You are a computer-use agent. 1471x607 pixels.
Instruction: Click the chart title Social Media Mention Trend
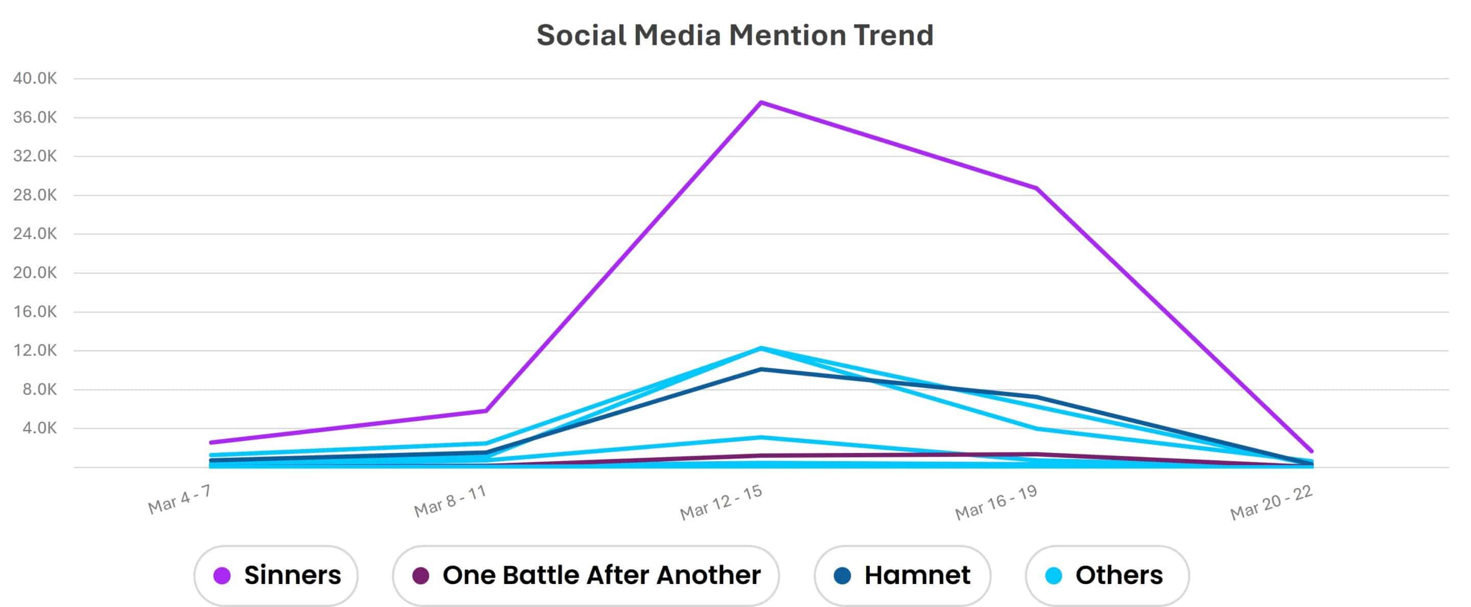click(x=735, y=35)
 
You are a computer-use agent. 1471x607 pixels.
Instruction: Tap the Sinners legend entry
click(x=276, y=575)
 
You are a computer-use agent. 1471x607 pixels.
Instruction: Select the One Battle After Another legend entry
click(x=586, y=575)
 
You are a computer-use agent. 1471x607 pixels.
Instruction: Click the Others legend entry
click(x=1107, y=575)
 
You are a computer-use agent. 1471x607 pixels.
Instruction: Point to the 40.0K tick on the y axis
click(x=35, y=79)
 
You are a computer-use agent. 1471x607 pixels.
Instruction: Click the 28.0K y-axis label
click(x=35, y=195)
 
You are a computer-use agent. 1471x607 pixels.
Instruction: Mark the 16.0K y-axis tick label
click(x=35, y=312)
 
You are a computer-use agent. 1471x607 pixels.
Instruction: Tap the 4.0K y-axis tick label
click(x=39, y=428)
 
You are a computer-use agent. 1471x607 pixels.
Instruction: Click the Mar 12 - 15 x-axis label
click(x=721, y=502)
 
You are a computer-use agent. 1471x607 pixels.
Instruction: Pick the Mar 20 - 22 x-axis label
click(x=1272, y=502)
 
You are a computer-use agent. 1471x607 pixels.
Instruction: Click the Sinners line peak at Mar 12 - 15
click(x=761, y=103)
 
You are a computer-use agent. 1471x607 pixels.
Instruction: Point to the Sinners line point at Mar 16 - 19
click(x=1036, y=188)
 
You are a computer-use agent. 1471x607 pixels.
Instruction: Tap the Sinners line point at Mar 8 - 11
click(x=485, y=411)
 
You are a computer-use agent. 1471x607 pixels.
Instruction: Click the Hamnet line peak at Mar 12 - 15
click(x=761, y=370)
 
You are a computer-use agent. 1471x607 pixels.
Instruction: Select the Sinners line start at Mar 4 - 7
click(x=211, y=442)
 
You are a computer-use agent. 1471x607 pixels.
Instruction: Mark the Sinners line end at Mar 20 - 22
click(x=1311, y=451)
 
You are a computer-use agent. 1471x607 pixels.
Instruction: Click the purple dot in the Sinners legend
click(x=222, y=575)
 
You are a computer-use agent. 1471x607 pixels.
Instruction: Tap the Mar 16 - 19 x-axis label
click(x=996, y=502)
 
